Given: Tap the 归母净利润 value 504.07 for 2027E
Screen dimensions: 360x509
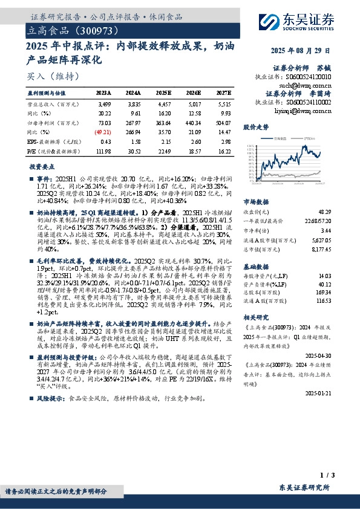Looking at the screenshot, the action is click(223, 123).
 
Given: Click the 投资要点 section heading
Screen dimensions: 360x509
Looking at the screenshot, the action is click(42, 166).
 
